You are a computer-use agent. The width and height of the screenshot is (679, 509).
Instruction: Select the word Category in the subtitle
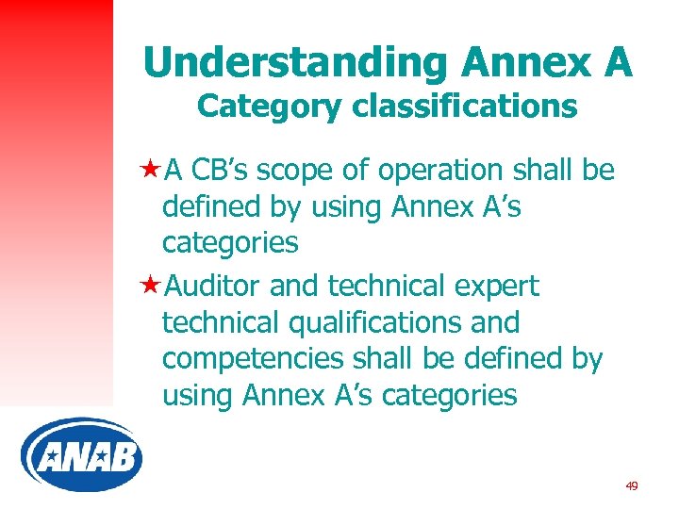270,107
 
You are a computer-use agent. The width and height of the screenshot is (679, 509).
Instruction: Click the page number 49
631,486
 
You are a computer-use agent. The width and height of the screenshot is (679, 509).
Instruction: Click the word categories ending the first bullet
230,243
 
